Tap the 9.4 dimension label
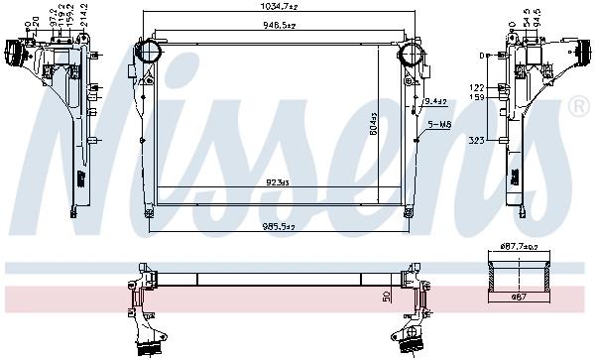click(433, 100)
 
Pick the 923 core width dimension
click(277, 182)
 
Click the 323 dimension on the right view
click(478, 143)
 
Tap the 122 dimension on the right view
click(476, 87)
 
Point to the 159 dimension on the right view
click(476, 97)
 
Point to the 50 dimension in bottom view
click(386, 295)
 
